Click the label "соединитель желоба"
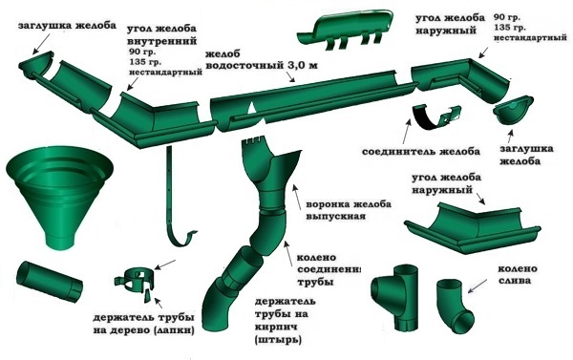tap(421, 151)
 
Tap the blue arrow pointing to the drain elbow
tap(477, 286)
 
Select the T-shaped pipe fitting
tap(394, 295)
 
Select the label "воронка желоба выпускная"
tap(349, 209)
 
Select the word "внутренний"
tap(162, 40)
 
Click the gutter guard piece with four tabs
tap(346, 30)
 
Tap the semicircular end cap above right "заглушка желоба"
tap(513, 110)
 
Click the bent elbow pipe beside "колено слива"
tap(456, 307)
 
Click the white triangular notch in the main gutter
tap(251, 109)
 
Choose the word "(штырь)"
tap(279, 340)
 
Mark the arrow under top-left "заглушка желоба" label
tap(42, 45)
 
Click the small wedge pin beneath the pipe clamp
tap(147, 296)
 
